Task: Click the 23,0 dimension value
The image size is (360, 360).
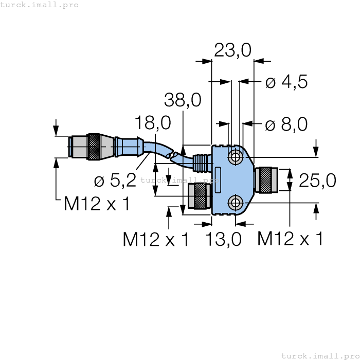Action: (232, 50)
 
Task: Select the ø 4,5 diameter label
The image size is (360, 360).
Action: (286, 82)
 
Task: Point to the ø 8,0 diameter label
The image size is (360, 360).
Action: (286, 124)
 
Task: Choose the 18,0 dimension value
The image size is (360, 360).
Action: (153, 123)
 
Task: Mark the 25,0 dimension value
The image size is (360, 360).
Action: (317, 181)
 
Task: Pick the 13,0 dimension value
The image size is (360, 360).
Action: (223, 239)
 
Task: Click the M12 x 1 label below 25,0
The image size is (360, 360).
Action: (290, 239)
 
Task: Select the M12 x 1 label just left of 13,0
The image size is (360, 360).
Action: (156, 239)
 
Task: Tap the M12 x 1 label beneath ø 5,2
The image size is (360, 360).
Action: (97, 204)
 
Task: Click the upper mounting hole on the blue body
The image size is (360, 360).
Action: (236, 157)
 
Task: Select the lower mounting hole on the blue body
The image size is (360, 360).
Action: (236, 202)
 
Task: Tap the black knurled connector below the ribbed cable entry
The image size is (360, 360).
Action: (199, 195)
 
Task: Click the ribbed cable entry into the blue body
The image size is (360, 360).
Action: (202, 163)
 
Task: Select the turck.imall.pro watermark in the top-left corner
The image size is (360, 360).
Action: (40, 5)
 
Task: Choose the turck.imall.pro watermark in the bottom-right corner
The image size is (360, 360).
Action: (320, 355)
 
